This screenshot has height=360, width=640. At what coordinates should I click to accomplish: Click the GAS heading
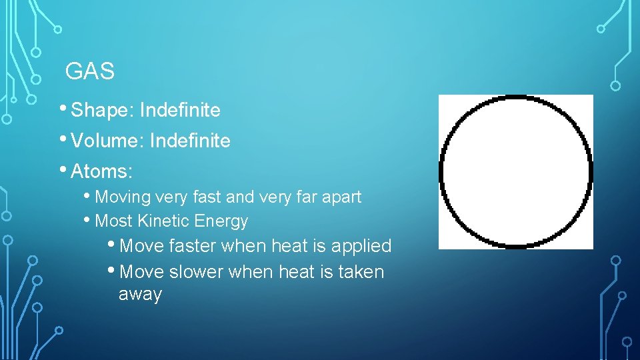pos(90,71)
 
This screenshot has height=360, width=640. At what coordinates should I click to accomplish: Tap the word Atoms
pos(101,172)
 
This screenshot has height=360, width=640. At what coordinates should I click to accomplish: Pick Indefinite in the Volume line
pos(190,141)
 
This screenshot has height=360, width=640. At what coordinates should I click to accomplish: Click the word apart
pos(341,198)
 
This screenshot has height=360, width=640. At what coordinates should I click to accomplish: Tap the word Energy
pos(223,221)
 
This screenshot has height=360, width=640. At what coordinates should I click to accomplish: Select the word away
pos(140,295)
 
